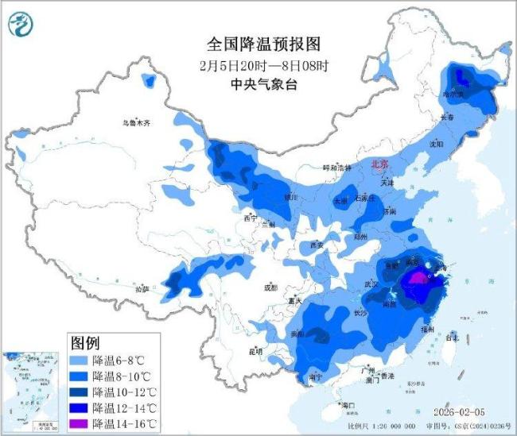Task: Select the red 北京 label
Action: pyautogui.click(x=381, y=164)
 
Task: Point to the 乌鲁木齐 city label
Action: pyautogui.click(x=135, y=122)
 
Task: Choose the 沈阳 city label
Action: pyautogui.click(x=435, y=145)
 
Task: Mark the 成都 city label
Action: pyautogui.click(x=269, y=287)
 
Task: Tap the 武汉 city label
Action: pyautogui.click(x=371, y=284)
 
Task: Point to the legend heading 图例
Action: pyautogui.click(x=85, y=343)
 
